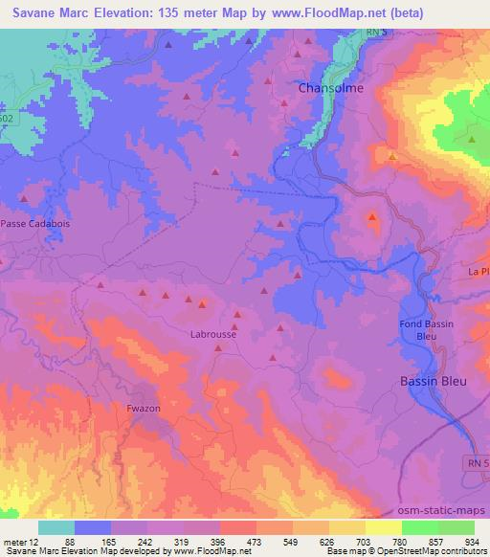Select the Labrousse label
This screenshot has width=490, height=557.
pos(212,335)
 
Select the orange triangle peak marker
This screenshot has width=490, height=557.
pos(392,154)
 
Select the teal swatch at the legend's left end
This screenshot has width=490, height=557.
pos(56,527)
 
